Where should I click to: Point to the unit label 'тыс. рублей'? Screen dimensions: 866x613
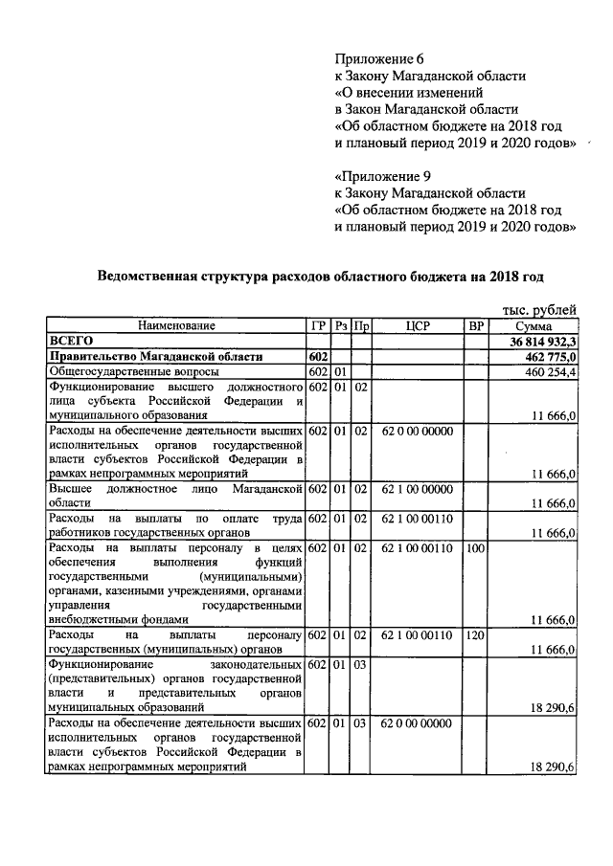539,309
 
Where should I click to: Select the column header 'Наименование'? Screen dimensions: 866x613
175,325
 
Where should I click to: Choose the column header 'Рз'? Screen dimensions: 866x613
342,325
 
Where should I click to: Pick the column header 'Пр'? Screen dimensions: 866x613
361,325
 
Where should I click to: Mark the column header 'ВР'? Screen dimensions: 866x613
476,325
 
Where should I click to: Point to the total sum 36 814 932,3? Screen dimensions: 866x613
538,342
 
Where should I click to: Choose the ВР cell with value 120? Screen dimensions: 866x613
475,635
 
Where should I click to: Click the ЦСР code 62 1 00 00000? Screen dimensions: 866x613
417,490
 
